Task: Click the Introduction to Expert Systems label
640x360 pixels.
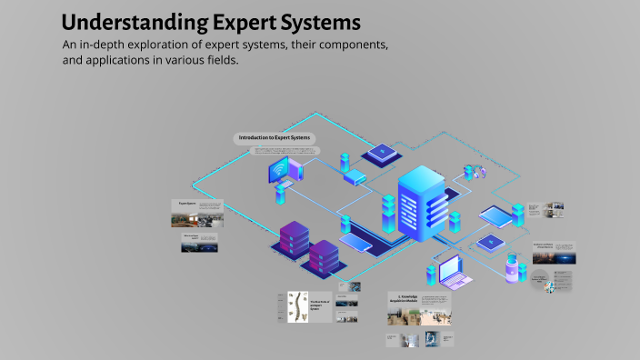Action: click(x=274, y=137)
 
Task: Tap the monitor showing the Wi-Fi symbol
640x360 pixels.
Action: click(x=279, y=169)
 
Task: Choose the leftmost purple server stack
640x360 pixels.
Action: click(x=292, y=240)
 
